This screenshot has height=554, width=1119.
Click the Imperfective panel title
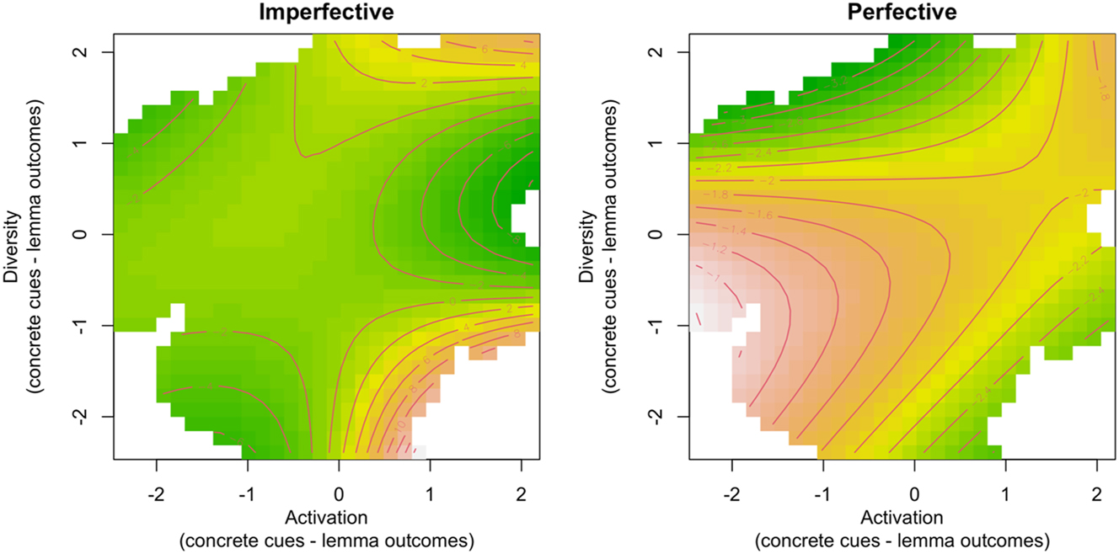click(326, 13)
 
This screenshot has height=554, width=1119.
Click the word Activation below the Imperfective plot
click(326, 516)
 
